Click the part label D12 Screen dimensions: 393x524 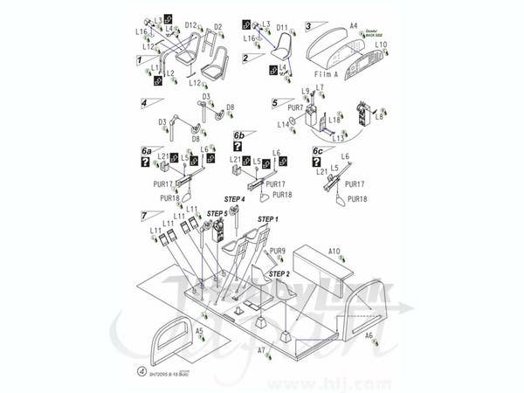coord(190,25)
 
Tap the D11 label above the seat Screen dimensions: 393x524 coord(282,28)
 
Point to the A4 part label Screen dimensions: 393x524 coord(353,26)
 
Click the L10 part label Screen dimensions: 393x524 coord(381,44)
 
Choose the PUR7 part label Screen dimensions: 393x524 coord(295,107)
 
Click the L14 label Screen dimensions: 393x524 coord(284,125)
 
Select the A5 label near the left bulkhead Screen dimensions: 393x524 coord(199,331)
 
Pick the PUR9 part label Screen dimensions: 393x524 coord(278,251)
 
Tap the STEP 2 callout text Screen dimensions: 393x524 coord(279,273)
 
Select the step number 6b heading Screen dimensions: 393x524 coord(238,136)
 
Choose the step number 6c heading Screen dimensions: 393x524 coord(318,150)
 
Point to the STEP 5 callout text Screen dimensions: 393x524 coord(217,213)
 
